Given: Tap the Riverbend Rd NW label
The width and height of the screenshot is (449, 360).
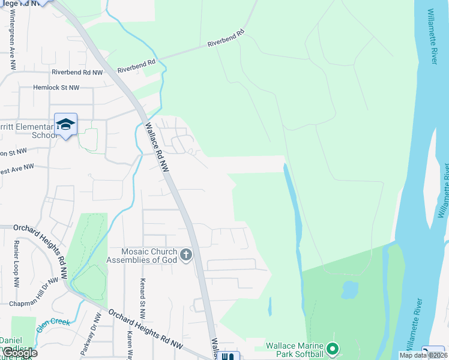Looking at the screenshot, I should (x=77, y=72).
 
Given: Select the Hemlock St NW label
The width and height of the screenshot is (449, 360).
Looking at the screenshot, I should (x=56, y=88).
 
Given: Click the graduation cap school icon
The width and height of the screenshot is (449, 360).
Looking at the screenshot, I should (x=65, y=124).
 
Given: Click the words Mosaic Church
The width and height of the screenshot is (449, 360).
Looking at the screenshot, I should (x=141, y=252).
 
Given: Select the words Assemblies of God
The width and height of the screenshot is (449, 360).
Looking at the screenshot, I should (x=141, y=260).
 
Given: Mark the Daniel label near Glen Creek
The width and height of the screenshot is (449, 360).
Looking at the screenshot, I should (x=11, y=340).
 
